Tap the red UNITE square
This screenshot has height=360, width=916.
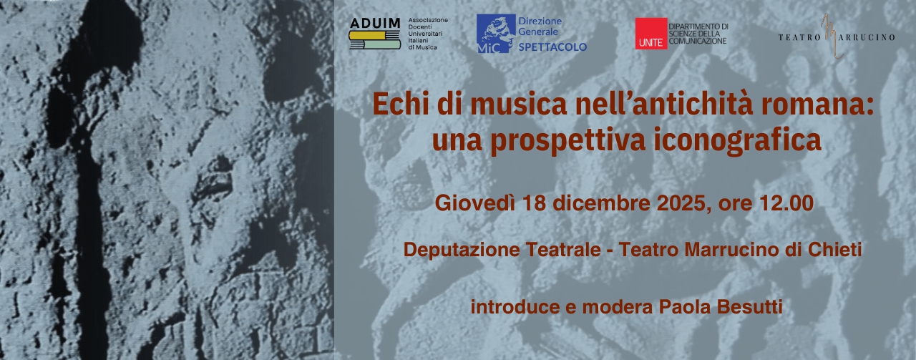click(651, 34)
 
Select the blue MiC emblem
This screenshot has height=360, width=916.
click(496, 34)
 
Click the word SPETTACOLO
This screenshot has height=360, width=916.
click(552, 47)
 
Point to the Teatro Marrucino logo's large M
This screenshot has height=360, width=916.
click(832, 37)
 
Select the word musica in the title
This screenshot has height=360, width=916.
click(518, 104)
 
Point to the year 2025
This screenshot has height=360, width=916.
click(681, 203)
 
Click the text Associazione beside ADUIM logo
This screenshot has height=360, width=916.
click(428, 20)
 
